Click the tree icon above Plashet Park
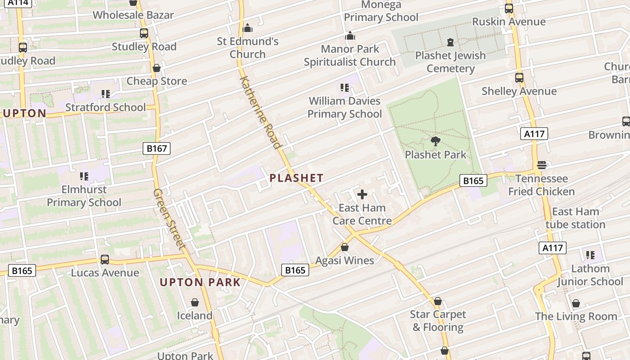tap(436, 141)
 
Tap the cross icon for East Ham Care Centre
tap(362, 194)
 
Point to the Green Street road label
tap(169, 219)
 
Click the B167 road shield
tap(157, 148)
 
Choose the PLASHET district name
tap(297, 178)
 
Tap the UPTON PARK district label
tap(200, 283)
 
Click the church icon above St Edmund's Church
tap(247, 28)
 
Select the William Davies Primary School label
tap(345, 108)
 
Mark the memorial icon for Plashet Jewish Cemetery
tap(450, 42)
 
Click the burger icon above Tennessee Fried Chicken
tap(542, 165)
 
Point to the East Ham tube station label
tap(576, 218)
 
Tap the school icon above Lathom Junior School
tap(590, 255)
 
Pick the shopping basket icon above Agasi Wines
tap(345, 247)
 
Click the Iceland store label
tap(194, 315)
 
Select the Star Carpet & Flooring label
tap(438, 321)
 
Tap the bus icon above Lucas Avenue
tap(105, 259)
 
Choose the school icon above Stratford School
tap(106, 94)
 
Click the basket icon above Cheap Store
tap(157, 68)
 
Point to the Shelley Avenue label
tap(519, 91)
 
